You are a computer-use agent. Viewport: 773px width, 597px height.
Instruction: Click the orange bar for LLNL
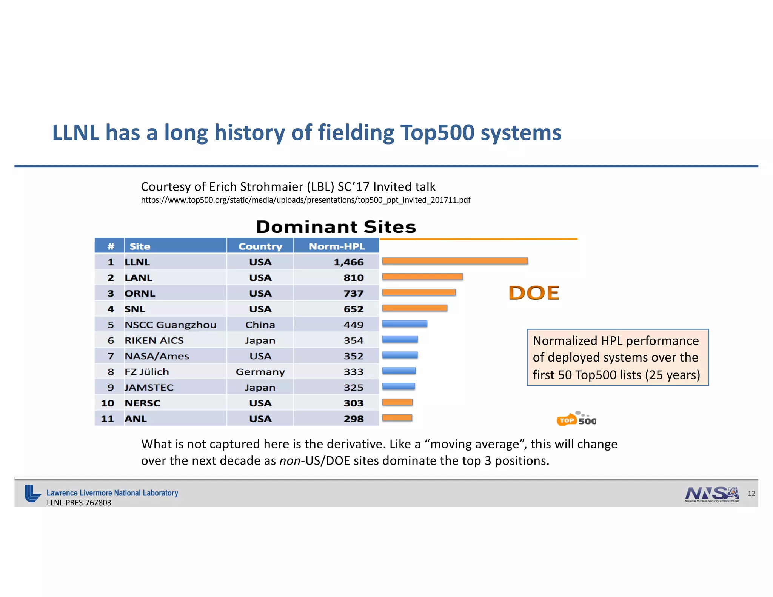[455, 261]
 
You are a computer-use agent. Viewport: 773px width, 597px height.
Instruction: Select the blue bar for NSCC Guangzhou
[405, 324]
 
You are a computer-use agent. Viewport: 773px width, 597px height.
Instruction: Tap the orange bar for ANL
[397, 418]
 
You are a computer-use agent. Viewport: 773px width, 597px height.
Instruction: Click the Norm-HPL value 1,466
[348, 262]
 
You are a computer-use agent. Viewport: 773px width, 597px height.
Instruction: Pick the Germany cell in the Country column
[260, 372]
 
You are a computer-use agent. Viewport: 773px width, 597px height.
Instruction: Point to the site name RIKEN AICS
[154, 340]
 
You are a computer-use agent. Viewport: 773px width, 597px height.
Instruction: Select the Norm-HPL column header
[337, 246]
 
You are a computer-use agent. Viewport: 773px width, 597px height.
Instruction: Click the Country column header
[260, 246]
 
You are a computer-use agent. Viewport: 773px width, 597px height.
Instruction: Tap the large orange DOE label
[534, 293]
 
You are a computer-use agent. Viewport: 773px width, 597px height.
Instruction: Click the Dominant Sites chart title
[336, 227]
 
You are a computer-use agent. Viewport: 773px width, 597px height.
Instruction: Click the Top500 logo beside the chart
[576, 419]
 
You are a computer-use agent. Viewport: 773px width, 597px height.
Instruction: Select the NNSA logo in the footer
[712, 494]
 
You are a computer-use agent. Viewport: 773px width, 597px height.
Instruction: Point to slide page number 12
[751, 494]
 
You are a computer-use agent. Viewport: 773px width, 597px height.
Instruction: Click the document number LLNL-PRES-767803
[79, 503]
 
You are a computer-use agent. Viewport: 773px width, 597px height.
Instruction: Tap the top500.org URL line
[305, 200]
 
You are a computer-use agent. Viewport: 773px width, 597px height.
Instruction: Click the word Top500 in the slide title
[437, 133]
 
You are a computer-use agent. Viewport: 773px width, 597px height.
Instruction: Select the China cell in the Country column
[260, 325]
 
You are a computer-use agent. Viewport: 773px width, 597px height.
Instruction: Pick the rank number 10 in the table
[108, 403]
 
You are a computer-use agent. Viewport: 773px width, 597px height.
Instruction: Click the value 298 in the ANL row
[354, 419]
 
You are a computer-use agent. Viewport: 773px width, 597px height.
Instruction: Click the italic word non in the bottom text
[290, 461]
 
